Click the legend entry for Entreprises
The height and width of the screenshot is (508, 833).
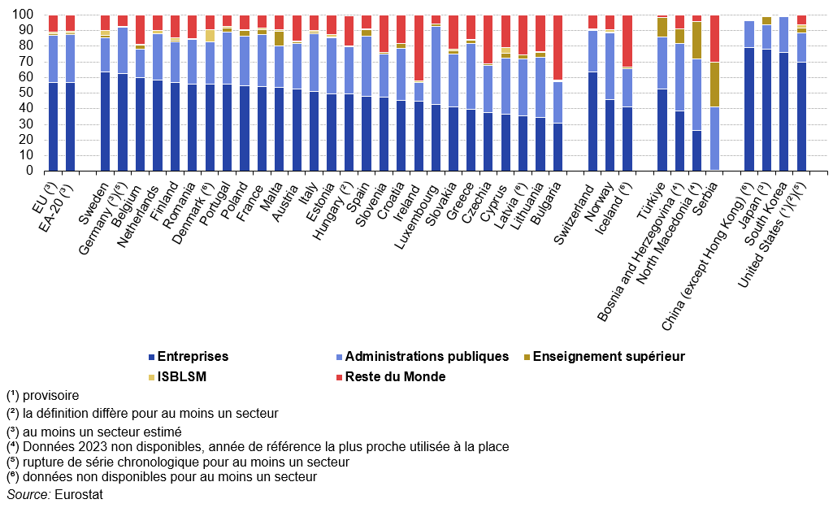click(x=193, y=356)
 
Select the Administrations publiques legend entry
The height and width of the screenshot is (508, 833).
click(x=427, y=356)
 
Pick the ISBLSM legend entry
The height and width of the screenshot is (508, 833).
click(x=181, y=376)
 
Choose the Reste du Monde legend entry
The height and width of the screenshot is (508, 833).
click(x=395, y=376)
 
